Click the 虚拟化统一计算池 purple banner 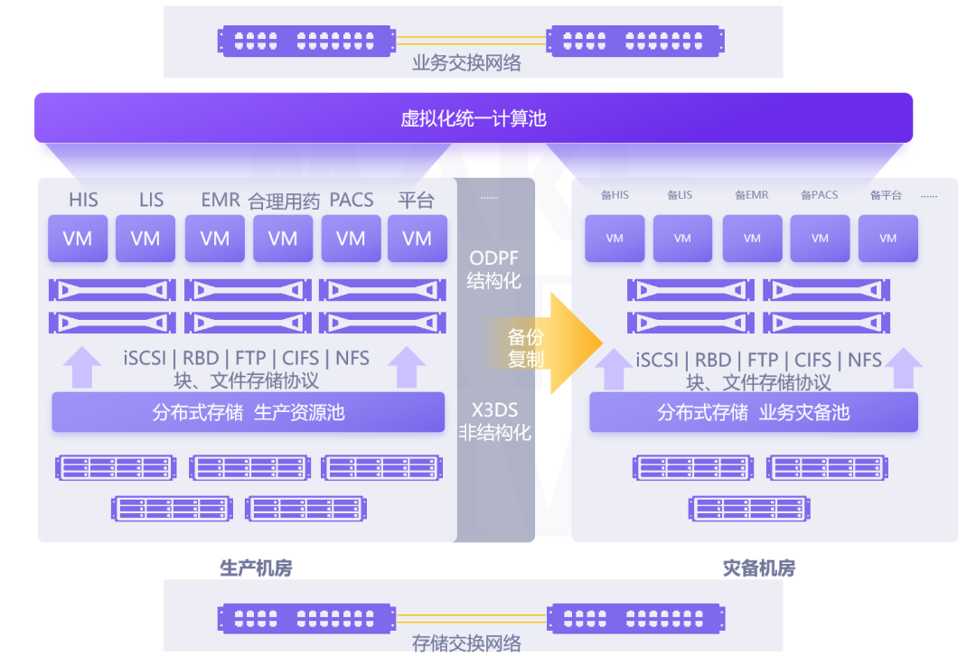pyautogui.click(x=474, y=118)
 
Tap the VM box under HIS pyautogui.click(x=78, y=239)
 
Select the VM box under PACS pyautogui.click(x=351, y=239)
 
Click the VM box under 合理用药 pyautogui.click(x=283, y=239)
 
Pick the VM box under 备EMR pyautogui.click(x=752, y=239)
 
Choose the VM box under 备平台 pyautogui.click(x=887, y=239)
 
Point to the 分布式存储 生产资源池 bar pyautogui.click(x=249, y=413)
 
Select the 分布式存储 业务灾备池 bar pyautogui.click(x=754, y=413)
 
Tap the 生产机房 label pyautogui.click(x=256, y=568)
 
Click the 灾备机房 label pyautogui.click(x=759, y=568)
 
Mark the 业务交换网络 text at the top pyautogui.click(x=466, y=63)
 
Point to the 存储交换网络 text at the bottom pyautogui.click(x=466, y=643)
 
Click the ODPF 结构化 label pyautogui.click(x=494, y=269)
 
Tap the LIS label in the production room pyautogui.click(x=151, y=200)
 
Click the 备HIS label pyautogui.click(x=615, y=195)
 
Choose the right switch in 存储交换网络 pyautogui.click(x=636, y=619)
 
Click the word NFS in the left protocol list pyautogui.click(x=352, y=358)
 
